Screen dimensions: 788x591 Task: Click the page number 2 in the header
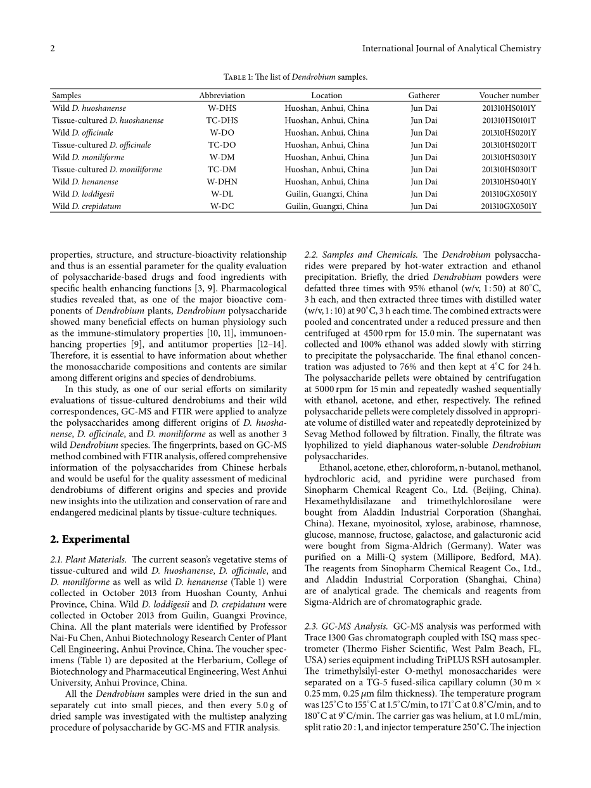(x=53, y=48)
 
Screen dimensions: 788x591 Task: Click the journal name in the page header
(x=451, y=48)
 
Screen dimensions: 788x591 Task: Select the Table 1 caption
(x=295, y=77)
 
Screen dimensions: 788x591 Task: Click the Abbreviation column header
(x=222, y=96)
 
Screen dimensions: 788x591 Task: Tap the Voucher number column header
(x=509, y=96)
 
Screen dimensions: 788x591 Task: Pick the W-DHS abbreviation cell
(x=222, y=108)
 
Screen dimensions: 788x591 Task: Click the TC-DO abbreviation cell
(x=222, y=145)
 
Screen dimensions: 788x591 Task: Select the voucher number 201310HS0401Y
(x=509, y=182)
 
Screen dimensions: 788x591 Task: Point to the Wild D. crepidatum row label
(x=86, y=207)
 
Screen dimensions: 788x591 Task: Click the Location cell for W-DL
(x=326, y=194)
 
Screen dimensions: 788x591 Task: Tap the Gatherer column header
(x=424, y=96)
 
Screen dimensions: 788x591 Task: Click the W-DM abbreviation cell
(x=222, y=157)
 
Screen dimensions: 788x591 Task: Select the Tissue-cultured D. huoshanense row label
(x=108, y=120)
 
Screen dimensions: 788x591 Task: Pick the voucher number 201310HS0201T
(x=509, y=145)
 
